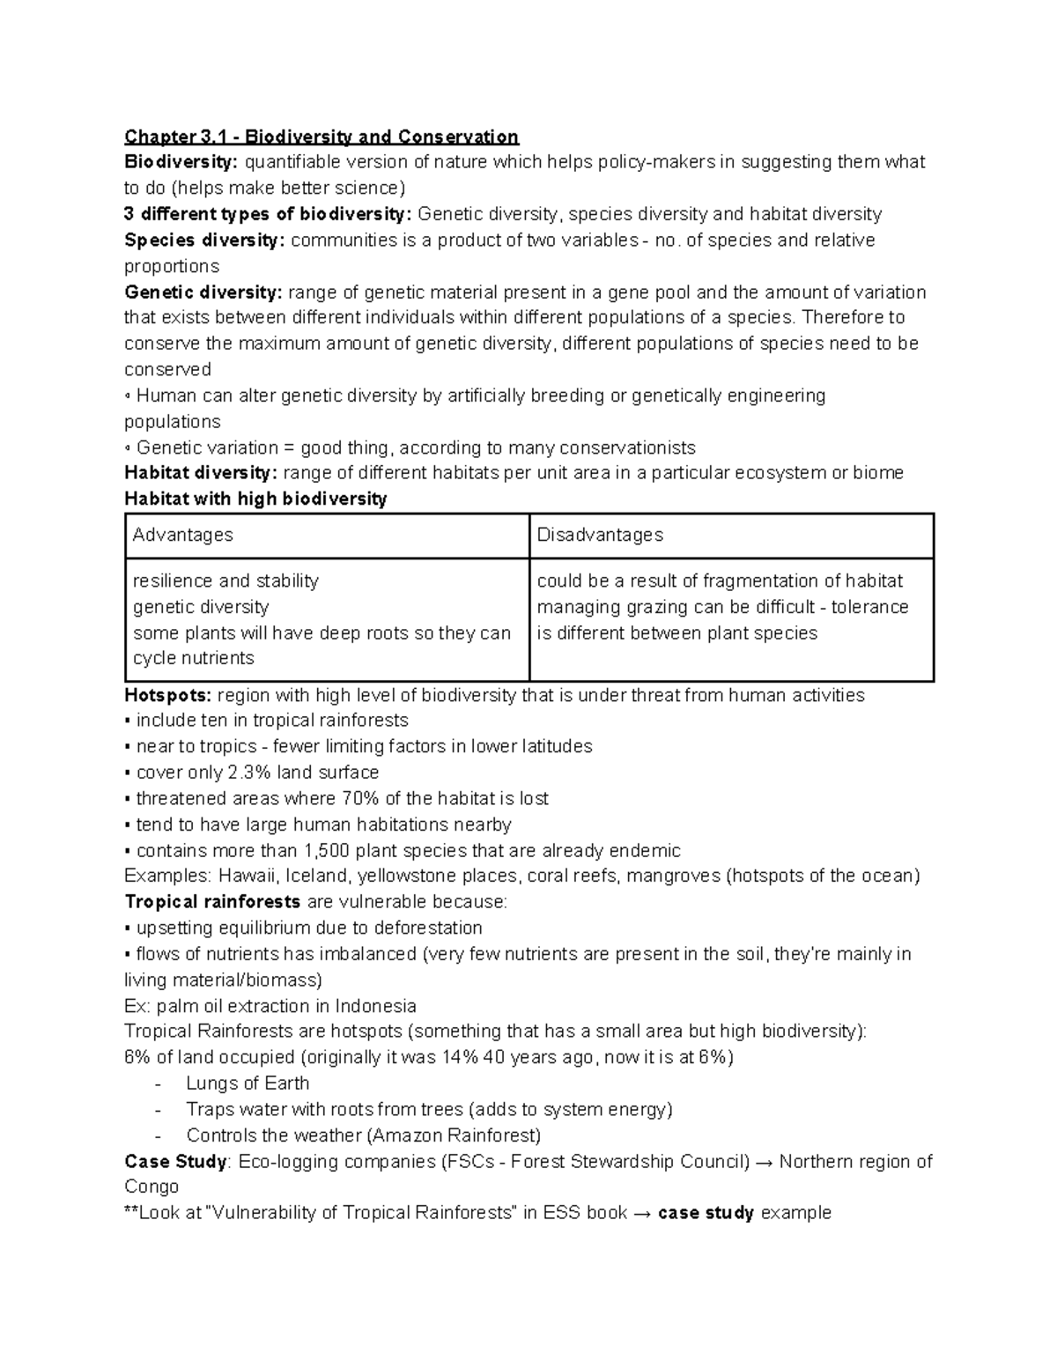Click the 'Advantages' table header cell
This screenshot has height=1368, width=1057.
pos(182,535)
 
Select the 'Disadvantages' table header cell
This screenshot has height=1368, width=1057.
pos(600,535)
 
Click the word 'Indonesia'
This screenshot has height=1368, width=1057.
pos(375,1006)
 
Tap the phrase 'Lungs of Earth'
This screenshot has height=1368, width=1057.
pos(248,1083)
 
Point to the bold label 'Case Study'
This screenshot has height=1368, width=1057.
pos(175,1162)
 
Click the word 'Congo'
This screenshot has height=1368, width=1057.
pos(152,1187)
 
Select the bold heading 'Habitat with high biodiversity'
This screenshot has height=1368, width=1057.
pos(255,499)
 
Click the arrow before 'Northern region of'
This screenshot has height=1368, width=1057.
pos(765,1162)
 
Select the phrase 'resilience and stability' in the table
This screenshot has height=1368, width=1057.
pos(225,581)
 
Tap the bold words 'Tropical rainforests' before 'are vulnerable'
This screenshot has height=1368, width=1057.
pos(212,902)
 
